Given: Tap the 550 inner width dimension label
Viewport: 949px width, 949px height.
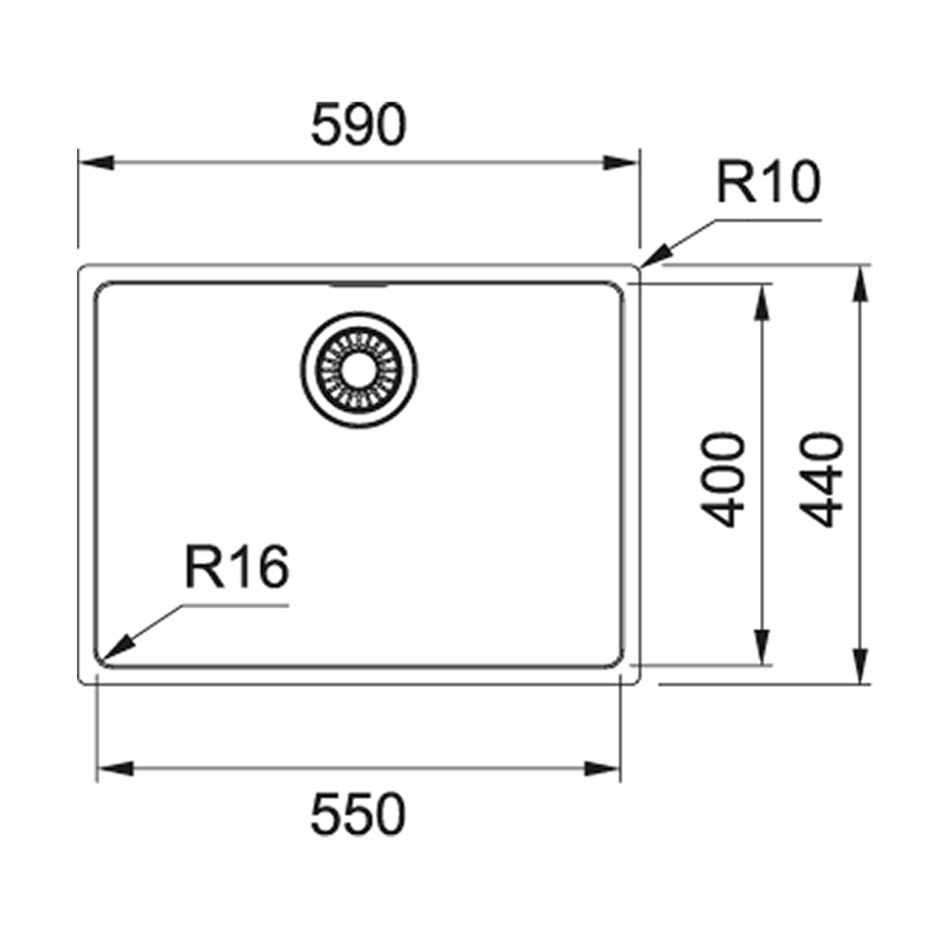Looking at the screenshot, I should [x=358, y=815].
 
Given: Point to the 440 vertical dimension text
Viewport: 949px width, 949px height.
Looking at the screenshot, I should [x=821, y=479].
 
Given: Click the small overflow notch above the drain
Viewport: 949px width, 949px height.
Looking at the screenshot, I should [x=358, y=283].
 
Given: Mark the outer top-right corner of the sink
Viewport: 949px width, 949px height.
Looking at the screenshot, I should [x=639, y=268].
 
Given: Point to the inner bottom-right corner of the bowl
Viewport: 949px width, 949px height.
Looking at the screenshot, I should [x=619, y=661].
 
